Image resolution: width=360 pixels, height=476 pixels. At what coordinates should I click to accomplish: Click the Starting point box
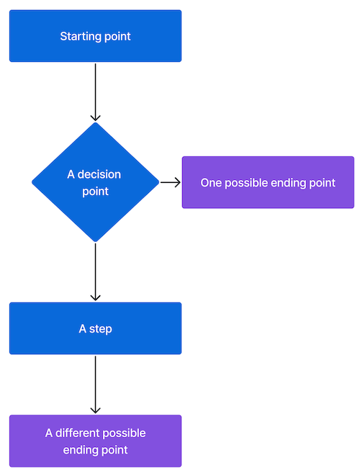coord(95,36)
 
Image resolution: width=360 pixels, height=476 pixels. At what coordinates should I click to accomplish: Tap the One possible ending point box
coord(268,182)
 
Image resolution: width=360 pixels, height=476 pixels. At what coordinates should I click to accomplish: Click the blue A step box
coord(95,328)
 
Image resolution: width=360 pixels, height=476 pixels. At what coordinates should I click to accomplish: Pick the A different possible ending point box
coord(95,441)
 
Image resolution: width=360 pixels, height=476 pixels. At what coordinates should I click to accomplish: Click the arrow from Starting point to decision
coord(95,90)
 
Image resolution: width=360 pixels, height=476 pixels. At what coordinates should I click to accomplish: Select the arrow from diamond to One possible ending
coord(170,182)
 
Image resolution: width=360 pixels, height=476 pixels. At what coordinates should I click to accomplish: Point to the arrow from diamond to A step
coord(95,270)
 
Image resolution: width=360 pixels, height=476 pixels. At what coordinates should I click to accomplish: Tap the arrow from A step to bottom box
coord(95,383)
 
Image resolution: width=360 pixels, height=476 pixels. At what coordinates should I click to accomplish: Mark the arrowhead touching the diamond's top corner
coord(95,117)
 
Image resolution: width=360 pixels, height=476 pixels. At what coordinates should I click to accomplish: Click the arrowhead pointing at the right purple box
coord(177,182)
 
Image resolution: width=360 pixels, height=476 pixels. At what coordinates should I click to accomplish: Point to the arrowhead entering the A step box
coord(95,297)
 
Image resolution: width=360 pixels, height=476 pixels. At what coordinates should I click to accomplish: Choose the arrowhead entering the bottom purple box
coord(95,410)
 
